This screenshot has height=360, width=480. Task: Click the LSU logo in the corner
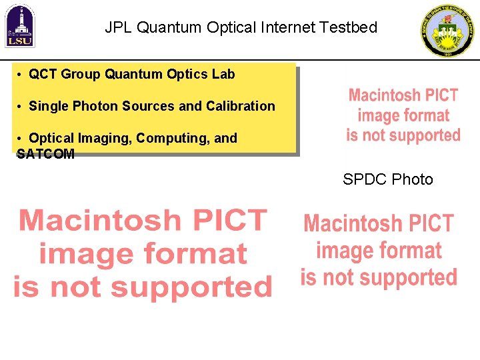[x=20, y=27]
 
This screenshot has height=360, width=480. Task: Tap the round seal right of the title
[x=449, y=31]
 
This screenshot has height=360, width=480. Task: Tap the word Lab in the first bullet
[x=223, y=74]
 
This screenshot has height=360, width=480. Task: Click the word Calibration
[x=241, y=106]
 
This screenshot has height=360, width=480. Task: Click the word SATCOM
[x=45, y=154]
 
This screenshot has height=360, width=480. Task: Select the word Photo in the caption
[x=413, y=179]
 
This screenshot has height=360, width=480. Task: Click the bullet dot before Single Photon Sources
[x=22, y=106]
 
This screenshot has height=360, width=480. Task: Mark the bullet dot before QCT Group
[x=22, y=74]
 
